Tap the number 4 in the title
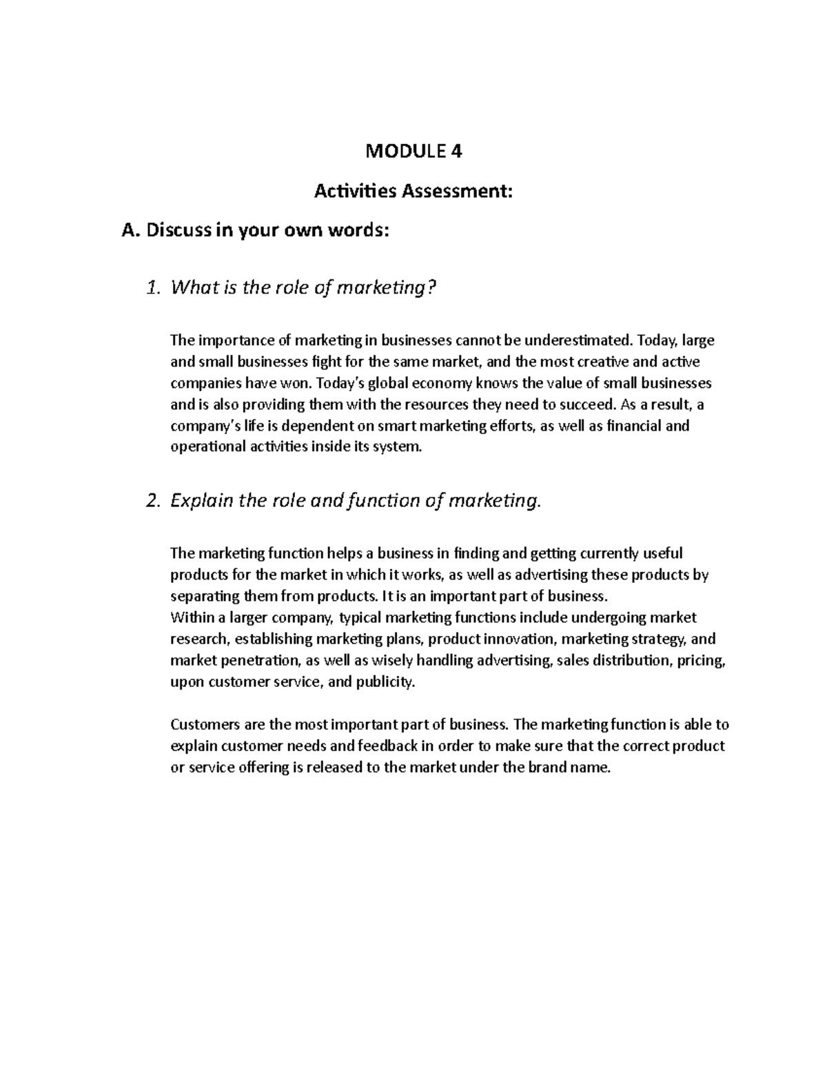456,152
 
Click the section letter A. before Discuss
130,231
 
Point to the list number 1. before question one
154,287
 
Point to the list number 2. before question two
154,501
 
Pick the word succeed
591,404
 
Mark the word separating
203,596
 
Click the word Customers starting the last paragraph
204,724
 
